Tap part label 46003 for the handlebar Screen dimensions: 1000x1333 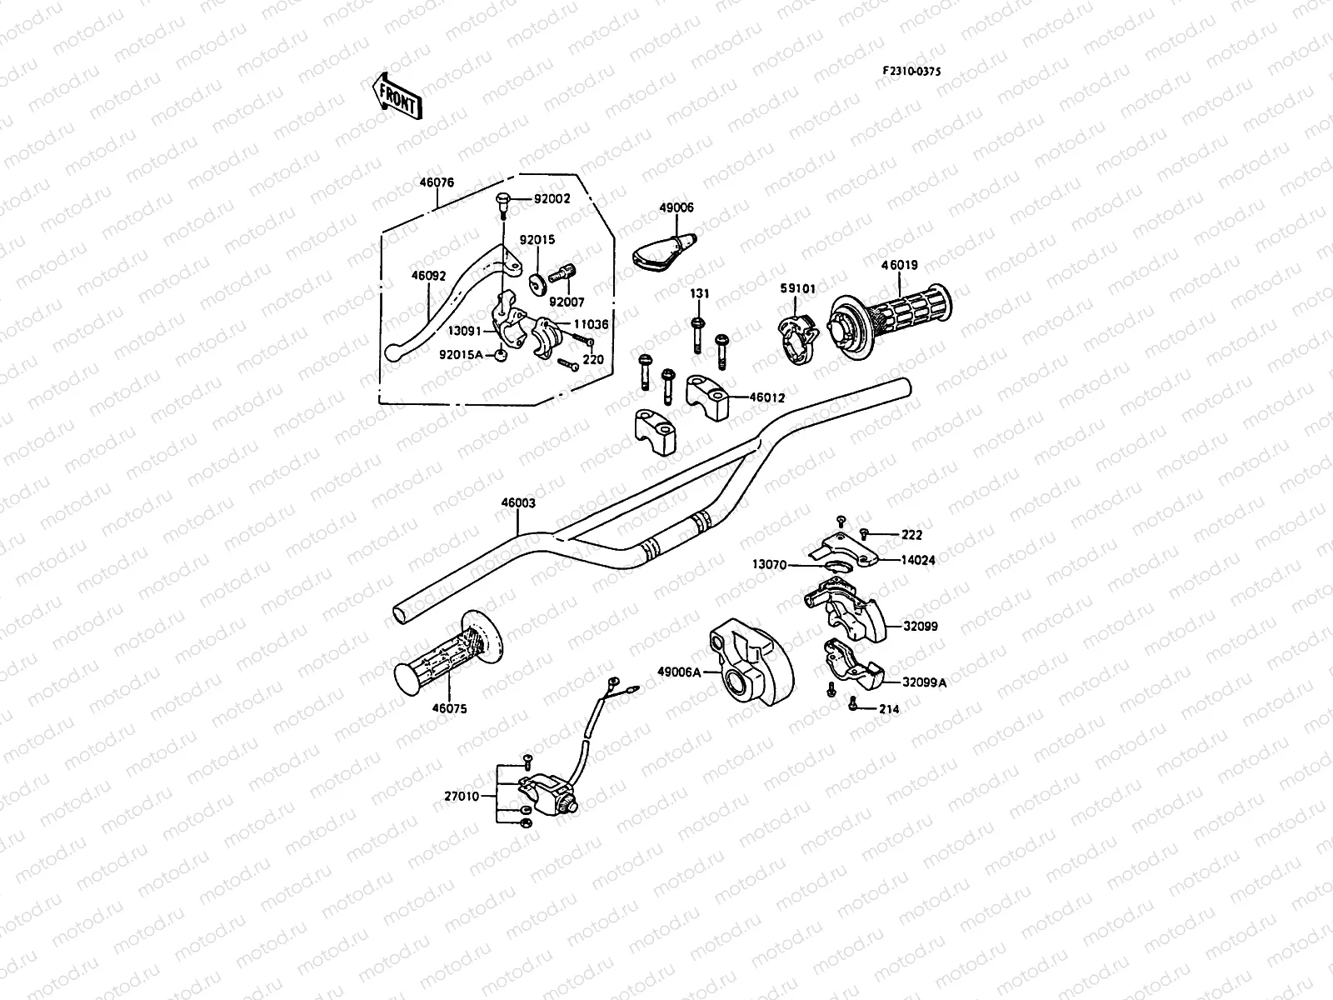click(x=518, y=503)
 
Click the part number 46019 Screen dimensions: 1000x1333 click(x=900, y=266)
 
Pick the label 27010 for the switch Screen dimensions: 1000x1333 click(x=462, y=796)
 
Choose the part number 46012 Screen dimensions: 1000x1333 click(x=766, y=398)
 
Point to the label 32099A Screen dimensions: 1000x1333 click(x=925, y=682)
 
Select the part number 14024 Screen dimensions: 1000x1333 click(x=917, y=561)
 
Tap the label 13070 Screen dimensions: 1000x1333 click(x=770, y=565)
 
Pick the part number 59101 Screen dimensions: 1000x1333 click(x=798, y=288)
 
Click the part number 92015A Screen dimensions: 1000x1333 click(x=460, y=355)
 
